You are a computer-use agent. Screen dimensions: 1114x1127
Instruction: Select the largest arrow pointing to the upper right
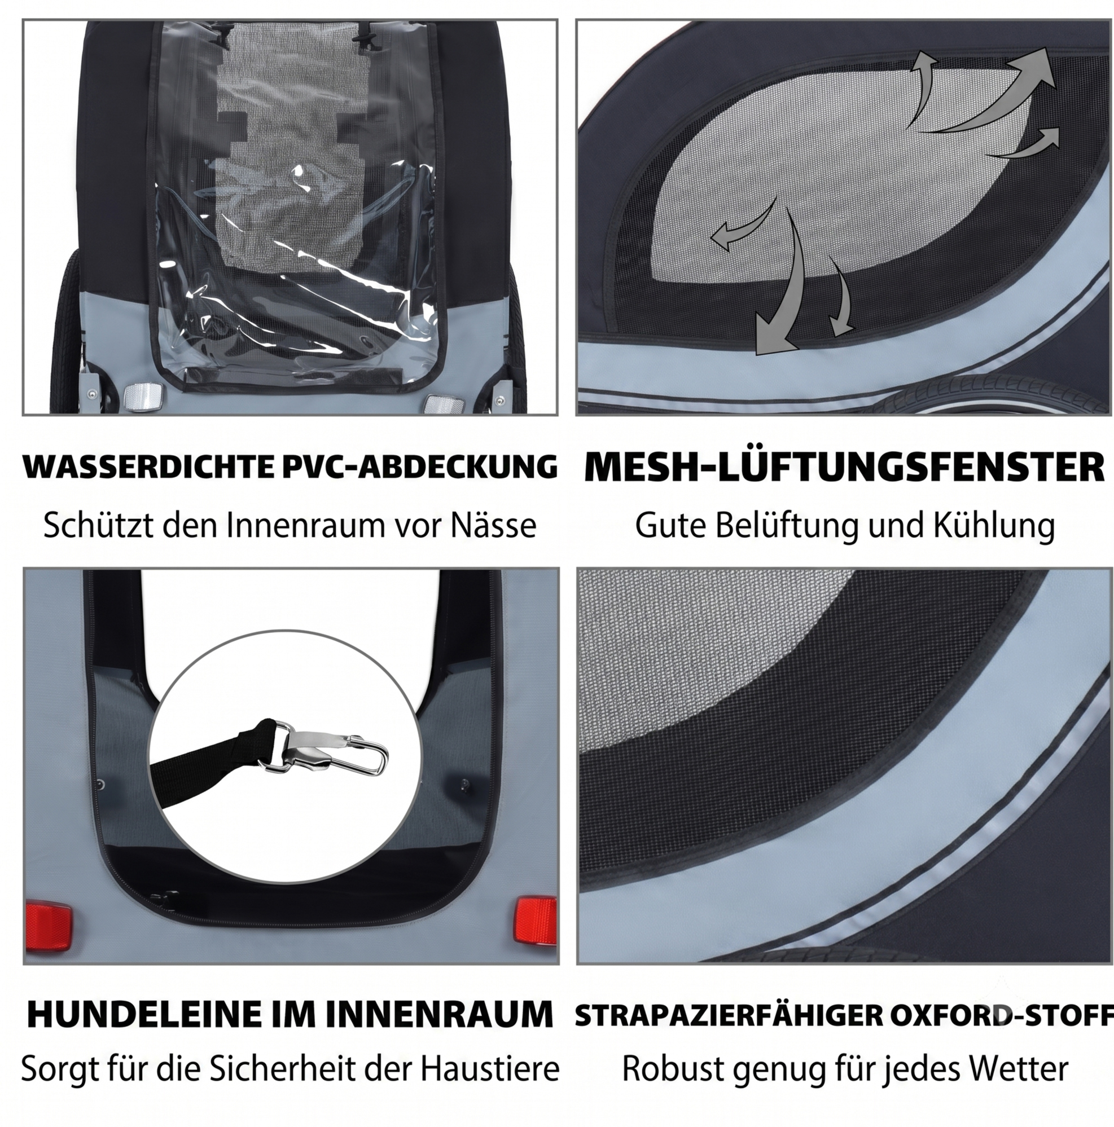(x=992, y=93)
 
